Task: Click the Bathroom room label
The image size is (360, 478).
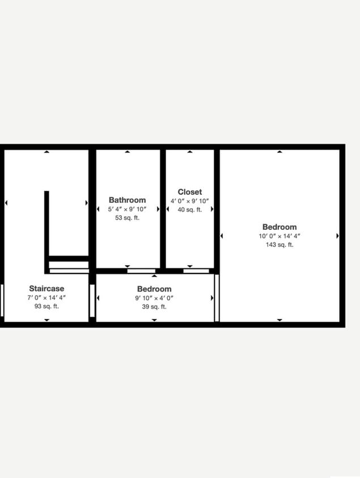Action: tap(127, 200)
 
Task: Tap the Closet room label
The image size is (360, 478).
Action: tap(189, 192)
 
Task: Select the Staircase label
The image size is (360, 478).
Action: tap(46, 288)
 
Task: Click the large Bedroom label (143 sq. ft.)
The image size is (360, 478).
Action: tap(279, 227)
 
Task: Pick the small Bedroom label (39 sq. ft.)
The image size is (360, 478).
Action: tap(154, 289)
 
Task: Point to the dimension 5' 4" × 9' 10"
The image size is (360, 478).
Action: tap(127, 209)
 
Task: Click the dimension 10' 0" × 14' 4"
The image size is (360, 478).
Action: tap(279, 236)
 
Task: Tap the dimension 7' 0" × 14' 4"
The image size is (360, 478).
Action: tap(46, 297)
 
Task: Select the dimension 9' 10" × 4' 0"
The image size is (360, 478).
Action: tap(154, 298)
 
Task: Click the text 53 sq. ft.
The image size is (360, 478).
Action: tap(127, 217)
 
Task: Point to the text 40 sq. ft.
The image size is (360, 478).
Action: tap(189, 210)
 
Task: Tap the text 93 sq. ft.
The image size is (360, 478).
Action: tap(46, 306)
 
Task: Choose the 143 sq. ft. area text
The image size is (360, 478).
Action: tap(279, 245)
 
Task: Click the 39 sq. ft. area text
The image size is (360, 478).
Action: tap(154, 307)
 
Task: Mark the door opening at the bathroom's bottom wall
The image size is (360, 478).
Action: tap(141, 271)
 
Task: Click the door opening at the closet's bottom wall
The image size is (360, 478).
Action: tap(196, 271)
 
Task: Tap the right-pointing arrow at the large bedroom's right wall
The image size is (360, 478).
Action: tap(337, 236)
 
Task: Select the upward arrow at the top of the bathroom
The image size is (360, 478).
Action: tap(128, 152)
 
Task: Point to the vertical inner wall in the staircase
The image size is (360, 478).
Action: tap(46, 227)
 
